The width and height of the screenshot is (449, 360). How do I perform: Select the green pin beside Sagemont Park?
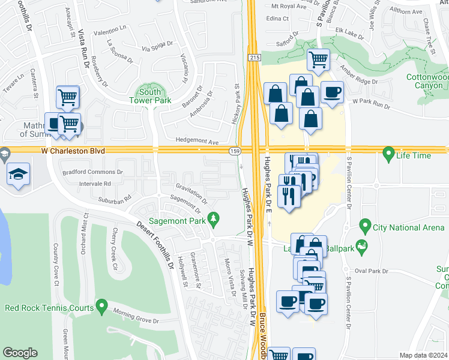click(212, 218)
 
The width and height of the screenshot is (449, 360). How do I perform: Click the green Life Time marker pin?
click(388, 154)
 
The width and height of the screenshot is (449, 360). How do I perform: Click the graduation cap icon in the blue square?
click(19, 175)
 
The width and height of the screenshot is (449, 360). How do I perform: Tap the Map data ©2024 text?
click(423, 355)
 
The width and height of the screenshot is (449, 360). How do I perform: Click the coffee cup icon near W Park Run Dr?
click(331, 92)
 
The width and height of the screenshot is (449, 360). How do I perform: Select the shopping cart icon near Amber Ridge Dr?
click(318, 59)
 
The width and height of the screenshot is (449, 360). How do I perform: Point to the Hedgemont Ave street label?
click(197, 142)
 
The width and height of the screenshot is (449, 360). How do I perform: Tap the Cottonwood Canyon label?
click(427, 81)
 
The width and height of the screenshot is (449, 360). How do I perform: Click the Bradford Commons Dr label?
click(92, 172)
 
